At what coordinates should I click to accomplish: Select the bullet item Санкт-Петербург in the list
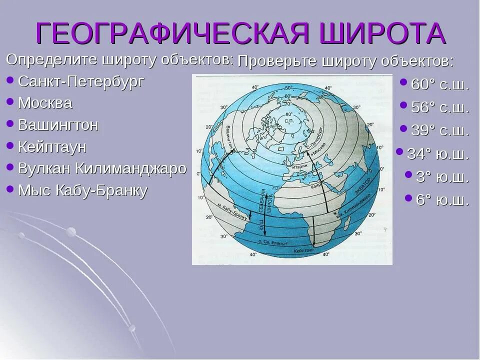pyautogui.click(x=81, y=81)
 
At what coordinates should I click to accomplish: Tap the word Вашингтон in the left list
pyautogui.click(x=58, y=125)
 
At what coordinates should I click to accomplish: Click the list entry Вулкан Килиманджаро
pyautogui.click(x=102, y=168)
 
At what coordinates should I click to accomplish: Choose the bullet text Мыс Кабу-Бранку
pyautogui.click(x=82, y=190)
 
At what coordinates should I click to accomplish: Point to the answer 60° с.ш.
pyautogui.click(x=439, y=85)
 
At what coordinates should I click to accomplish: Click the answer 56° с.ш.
pyautogui.click(x=439, y=108)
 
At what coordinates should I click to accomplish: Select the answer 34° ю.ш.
pyautogui.click(x=438, y=154)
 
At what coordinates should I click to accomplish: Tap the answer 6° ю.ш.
pyautogui.click(x=442, y=200)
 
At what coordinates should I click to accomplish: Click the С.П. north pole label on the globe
pyautogui.click(x=288, y=121)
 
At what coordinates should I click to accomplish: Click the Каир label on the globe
pyautogui.click(x=315, y=185)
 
